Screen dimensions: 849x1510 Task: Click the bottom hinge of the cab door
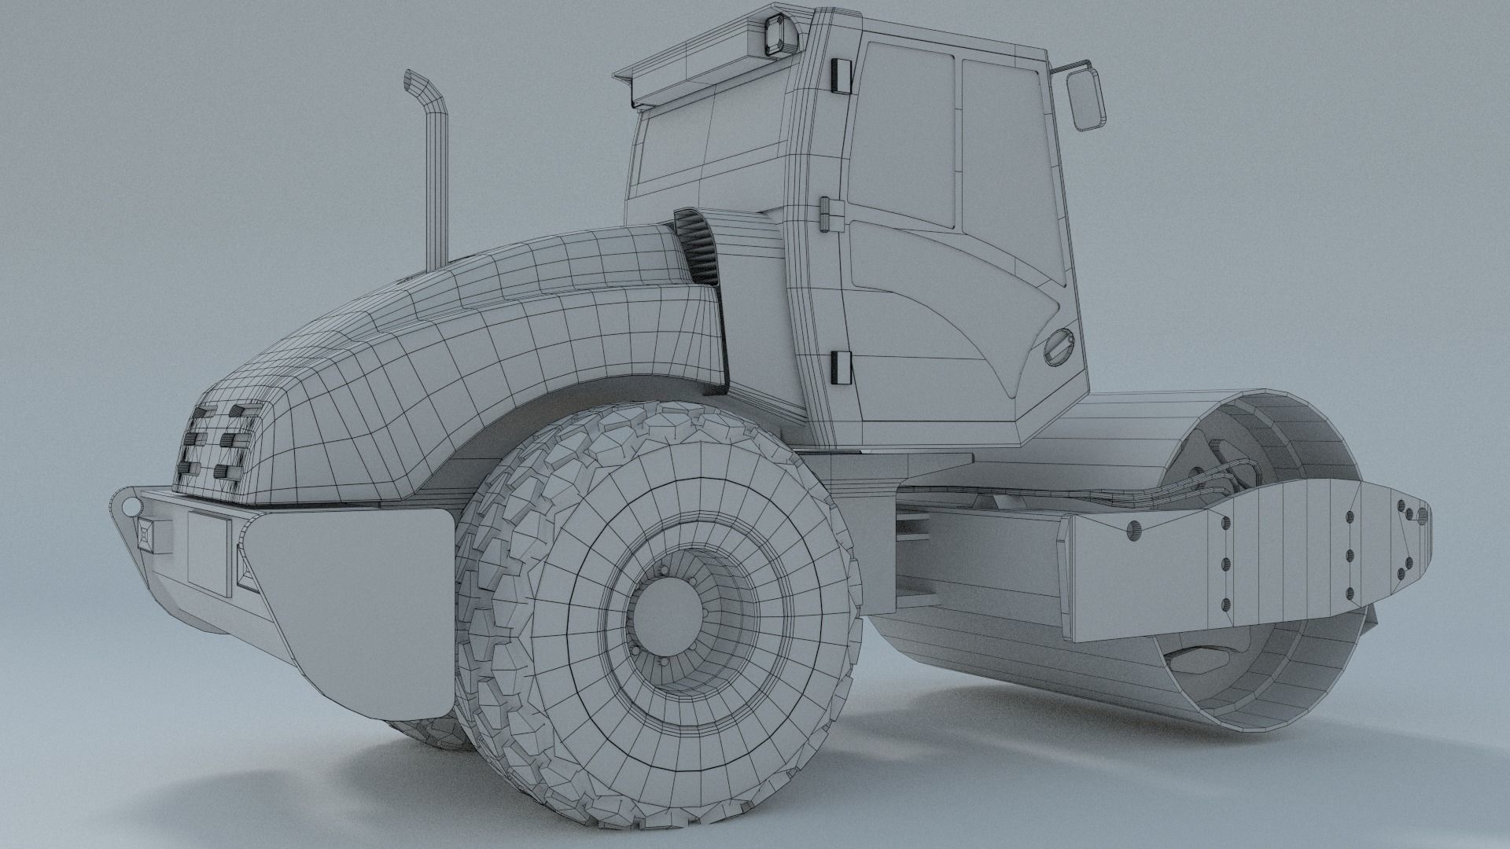pyautogui.click(x=840, y=367)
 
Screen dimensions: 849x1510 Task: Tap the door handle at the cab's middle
pyautogui.click(x=825, y=214)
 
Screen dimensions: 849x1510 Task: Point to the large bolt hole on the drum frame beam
pyautogui.click(x=1132, y=531)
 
